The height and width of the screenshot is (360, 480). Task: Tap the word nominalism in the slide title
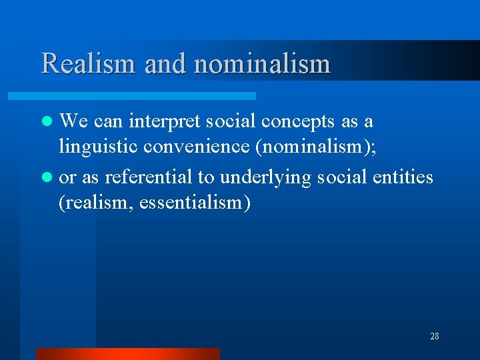pos(262,64)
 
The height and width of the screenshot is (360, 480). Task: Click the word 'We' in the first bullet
pos(75,121)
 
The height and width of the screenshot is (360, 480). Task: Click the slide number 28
pos(434,336)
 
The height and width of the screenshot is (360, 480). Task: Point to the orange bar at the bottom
pos(127,353)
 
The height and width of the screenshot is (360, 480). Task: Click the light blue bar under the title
pos(147,96)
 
